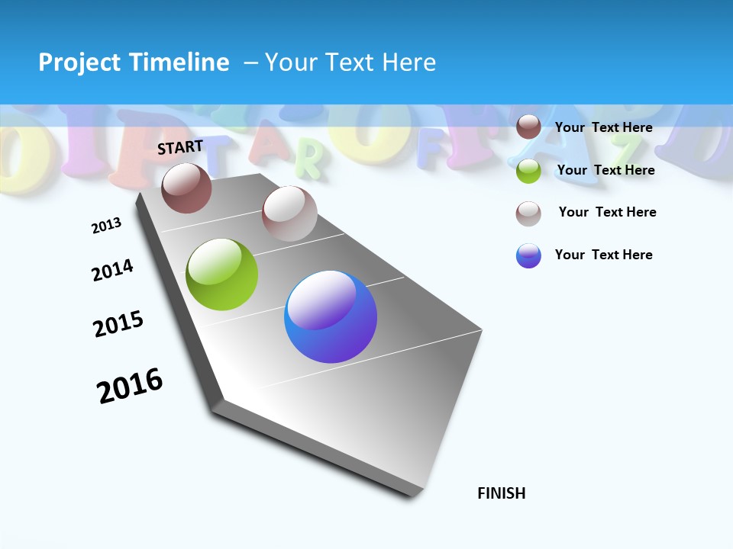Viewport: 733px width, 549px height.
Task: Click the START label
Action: tap(180, 147)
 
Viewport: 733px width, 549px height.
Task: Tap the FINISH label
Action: tap(502, 493)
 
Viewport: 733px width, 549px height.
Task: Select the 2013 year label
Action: tap(106, 226)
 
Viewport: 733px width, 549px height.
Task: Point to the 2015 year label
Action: tap(118, 324)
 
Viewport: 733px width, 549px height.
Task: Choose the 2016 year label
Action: tap(130, 386)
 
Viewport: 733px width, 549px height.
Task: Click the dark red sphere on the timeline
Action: tap(186, 188)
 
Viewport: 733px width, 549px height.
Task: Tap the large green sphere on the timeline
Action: tap(222, 274)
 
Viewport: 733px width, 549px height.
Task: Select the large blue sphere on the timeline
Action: tap(331, 316)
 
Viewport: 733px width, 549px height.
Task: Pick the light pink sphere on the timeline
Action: tap(289, 213)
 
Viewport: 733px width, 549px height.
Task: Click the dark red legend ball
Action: tap(528, 127)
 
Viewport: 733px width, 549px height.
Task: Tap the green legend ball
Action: tap(528, 171)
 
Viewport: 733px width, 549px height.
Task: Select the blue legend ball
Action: tap(528, 255)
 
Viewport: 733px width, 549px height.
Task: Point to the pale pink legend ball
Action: tap(528, 213)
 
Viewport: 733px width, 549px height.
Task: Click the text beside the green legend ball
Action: tap(605, 170)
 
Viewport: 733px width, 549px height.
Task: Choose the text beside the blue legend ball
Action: tap(603, 255)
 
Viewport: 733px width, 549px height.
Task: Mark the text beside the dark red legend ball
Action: tap(603, 127)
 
